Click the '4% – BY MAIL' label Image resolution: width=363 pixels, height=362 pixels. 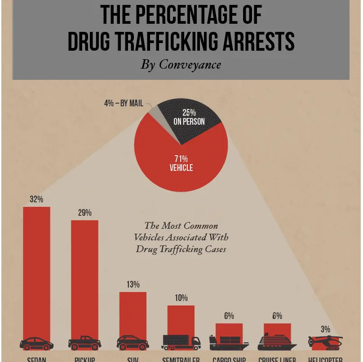pos(124,104)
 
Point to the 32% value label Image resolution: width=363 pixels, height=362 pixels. pos(36,199)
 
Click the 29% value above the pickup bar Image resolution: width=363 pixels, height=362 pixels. pos(84,213)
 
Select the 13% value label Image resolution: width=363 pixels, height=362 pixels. pos(133,284)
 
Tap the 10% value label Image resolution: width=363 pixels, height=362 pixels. pos(181,298)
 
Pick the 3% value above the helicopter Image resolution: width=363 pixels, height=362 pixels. pos(325,329)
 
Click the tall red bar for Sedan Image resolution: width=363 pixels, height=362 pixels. pos(36,269)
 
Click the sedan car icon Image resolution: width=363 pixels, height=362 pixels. pos(36,343)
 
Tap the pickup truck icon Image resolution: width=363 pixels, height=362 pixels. pos(84,343)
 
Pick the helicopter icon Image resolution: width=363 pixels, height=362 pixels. pos(325,342)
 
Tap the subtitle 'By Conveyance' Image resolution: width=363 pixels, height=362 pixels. pos(181,65)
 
